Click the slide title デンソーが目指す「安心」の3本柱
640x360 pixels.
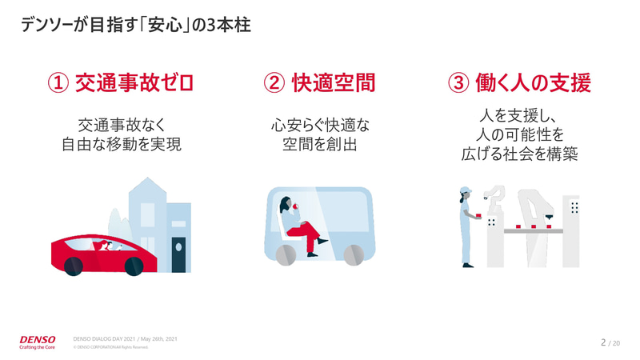[136, 26]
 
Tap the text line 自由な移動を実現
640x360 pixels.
[122, 145]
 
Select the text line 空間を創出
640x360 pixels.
[319, 145]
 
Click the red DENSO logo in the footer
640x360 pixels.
[38, 340]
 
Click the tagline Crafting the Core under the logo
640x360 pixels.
[38, 349]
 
